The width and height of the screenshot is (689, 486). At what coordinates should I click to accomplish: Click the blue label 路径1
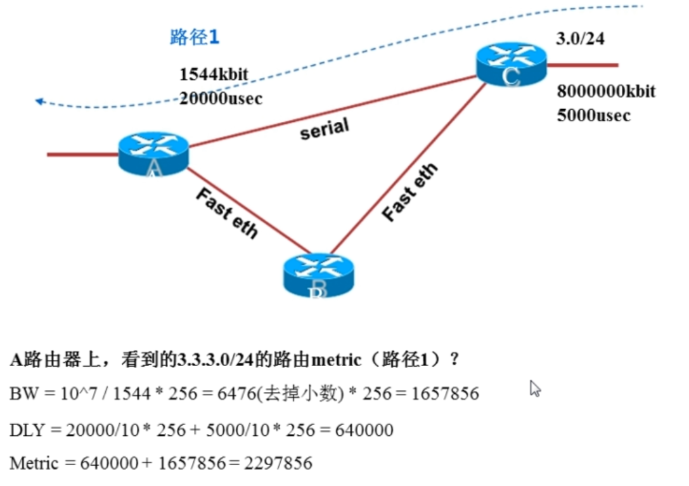click(x=195, y=37)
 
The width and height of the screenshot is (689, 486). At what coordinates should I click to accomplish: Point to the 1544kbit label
click(x=214, y=75)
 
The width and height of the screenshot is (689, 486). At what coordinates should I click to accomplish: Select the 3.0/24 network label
click(x=580, y=39)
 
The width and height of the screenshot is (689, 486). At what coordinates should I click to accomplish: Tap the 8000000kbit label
click(x=606, y=91)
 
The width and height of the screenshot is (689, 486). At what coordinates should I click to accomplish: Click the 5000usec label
click(x=594, y=115)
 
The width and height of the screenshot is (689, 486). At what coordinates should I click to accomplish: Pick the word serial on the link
click(x=325, y=129)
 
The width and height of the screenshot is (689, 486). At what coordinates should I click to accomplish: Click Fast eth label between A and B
click(x=227, y=213)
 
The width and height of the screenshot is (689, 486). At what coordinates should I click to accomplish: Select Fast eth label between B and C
click(x=409, y=192)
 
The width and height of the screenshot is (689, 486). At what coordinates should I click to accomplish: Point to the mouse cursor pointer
click(x=535, y=388)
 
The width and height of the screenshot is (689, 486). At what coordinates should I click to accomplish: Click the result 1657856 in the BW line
click(x=445, y=394)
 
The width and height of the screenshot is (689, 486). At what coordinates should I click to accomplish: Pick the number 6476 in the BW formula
click(x=232, y=394)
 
